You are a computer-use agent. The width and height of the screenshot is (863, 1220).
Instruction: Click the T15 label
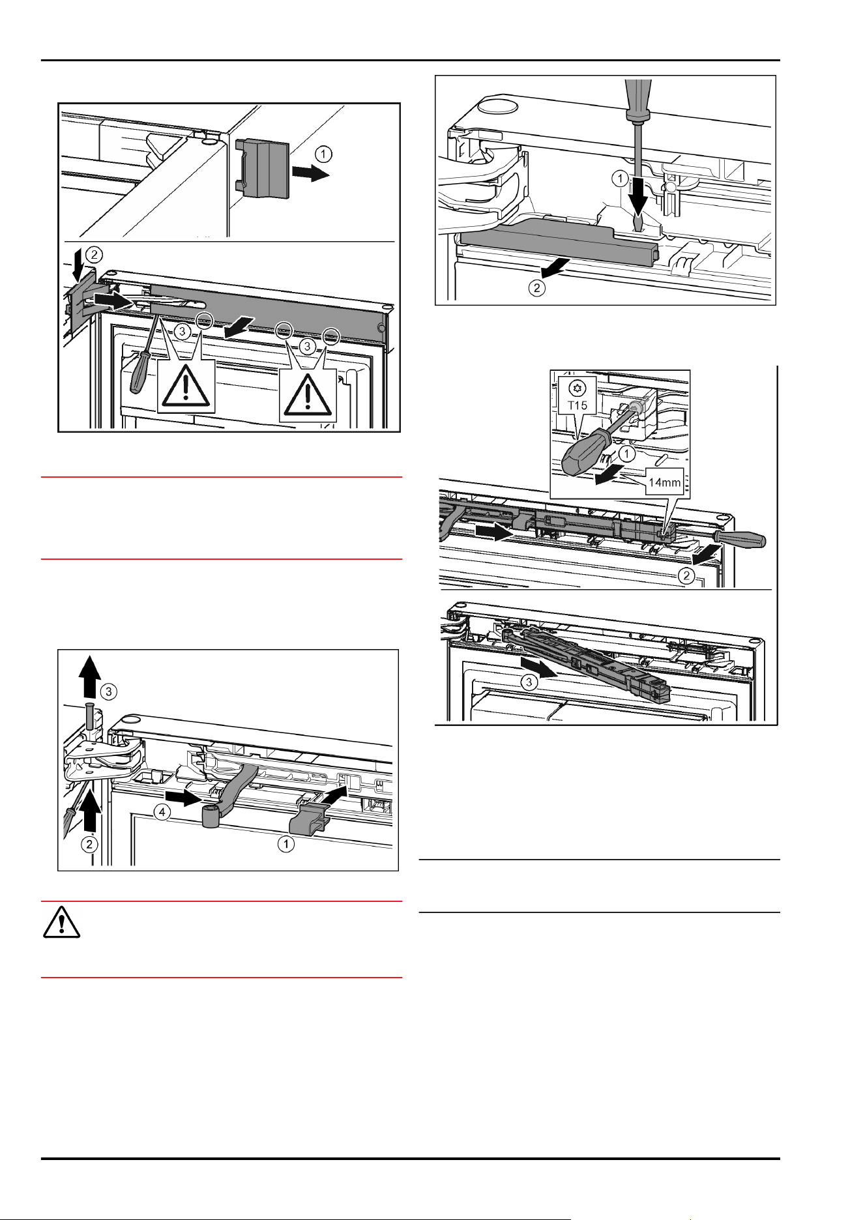[x=578, y=405]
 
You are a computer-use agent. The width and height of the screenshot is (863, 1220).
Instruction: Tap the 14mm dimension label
[x=664, y=482]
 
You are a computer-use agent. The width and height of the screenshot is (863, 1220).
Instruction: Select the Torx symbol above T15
[x=578, y=389]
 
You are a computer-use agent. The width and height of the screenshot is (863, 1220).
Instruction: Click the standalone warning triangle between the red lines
[x=61, y=922]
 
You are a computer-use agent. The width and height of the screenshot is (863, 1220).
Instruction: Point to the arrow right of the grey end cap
[x=311, y=173]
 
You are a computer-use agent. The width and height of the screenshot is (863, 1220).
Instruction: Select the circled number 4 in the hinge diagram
[x=162, y=812]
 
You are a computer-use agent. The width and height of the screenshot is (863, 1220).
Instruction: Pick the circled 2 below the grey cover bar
[x=536, y=287]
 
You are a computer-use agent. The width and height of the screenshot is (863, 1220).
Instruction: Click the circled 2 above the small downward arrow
[x=95, y=254]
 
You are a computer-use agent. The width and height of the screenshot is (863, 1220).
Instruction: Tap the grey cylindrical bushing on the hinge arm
[x=210, y=817]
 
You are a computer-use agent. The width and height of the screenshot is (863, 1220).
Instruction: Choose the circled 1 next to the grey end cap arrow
[x=323, y=154]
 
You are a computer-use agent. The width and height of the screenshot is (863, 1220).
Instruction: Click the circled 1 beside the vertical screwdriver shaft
[x=621, y=178]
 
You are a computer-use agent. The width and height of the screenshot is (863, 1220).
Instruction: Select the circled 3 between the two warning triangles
[x=307, y=347]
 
